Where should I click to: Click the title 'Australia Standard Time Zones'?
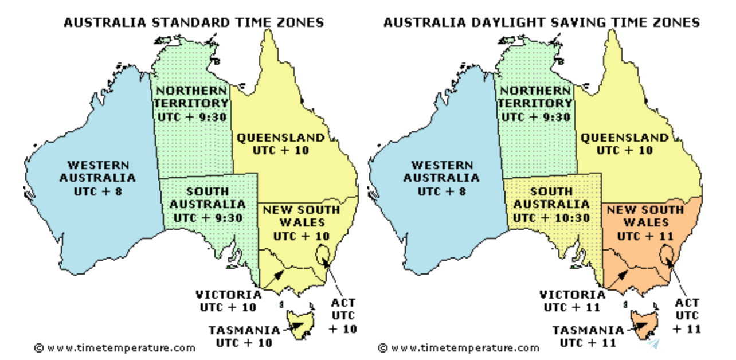tap(193, 22)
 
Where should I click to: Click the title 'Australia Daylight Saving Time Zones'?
tap(541, 22)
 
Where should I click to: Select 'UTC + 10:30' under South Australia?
tap(551, 218)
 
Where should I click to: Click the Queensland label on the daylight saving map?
tap(624, 138)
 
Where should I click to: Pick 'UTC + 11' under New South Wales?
tap(645, 236)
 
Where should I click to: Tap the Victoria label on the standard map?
tap(229, 295)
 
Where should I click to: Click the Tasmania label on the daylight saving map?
tap(588, 330)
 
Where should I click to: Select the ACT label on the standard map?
tap(343, 303)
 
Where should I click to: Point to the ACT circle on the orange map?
tap(667, 254)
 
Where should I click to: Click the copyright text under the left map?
tap(115, 347)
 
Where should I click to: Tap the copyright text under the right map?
tap(459, 347)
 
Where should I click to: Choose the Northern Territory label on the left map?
tap(192, 97)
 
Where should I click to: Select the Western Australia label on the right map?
tap(441, 171)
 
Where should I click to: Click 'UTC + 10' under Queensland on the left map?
tap(281, 150)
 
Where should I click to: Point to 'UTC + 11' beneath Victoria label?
tap(572, 307)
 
